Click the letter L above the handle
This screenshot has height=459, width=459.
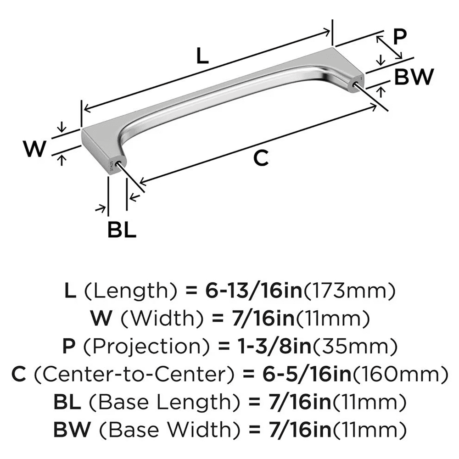click(x=202, y=56)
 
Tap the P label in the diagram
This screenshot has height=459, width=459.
click(x=400, y=37)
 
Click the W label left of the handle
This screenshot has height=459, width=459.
click(x=35, y=149)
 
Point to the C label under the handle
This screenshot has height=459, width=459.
click(x=260, y=158)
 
